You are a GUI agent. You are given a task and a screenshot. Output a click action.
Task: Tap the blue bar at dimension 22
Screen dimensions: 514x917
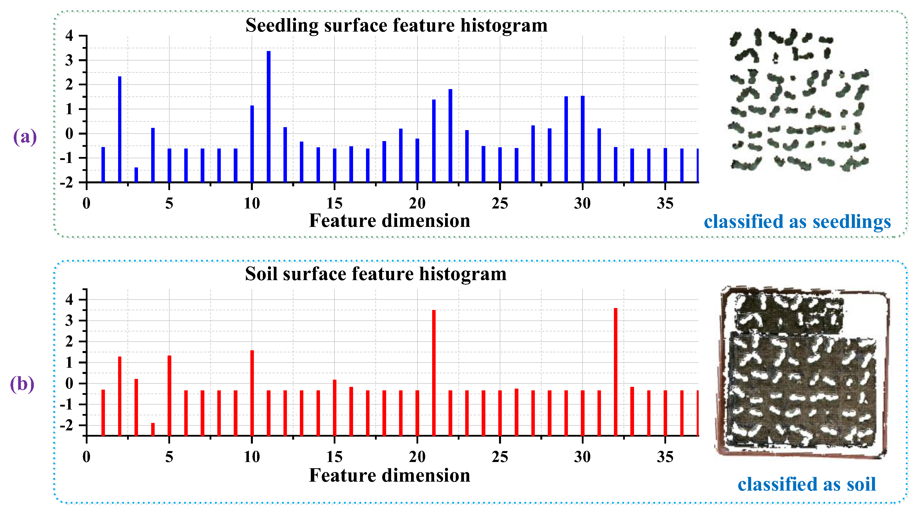(450, 135)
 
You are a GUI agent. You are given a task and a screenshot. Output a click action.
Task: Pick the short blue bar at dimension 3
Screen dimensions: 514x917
(136, 175)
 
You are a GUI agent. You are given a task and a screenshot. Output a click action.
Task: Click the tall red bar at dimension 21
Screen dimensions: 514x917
(434, 372)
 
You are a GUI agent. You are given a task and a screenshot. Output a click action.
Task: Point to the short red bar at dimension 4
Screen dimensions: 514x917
(153, 429)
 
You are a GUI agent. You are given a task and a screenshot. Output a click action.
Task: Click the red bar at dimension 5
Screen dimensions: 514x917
(169, 395)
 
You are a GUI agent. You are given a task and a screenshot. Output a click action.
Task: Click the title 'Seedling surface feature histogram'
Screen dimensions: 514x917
(396, 25)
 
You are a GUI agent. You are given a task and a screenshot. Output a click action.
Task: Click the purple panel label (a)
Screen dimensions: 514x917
(25, 137)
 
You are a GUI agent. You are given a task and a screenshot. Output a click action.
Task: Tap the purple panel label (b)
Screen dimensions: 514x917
(22, 384)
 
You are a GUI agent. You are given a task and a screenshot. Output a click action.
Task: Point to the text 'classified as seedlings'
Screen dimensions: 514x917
(797, 222)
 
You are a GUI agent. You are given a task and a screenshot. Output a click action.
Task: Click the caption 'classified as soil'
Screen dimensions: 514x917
(806, 484)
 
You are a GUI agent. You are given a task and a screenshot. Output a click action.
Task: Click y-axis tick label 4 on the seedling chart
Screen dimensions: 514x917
(69, 36)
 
